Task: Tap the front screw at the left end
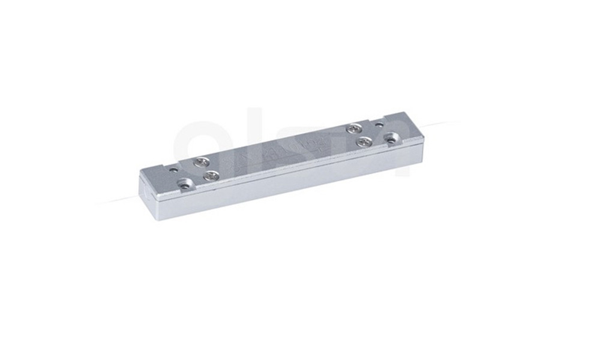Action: pyautogui.click(x=211, y=175)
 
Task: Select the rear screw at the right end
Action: pyautogui.click(x=355, y=128)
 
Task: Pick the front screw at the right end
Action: pyautogui.click(x=364, y=142)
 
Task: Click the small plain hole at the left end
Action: pyautogui.click(x=173, y=170)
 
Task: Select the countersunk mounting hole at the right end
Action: pyautogui.click(x=392, y=139)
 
